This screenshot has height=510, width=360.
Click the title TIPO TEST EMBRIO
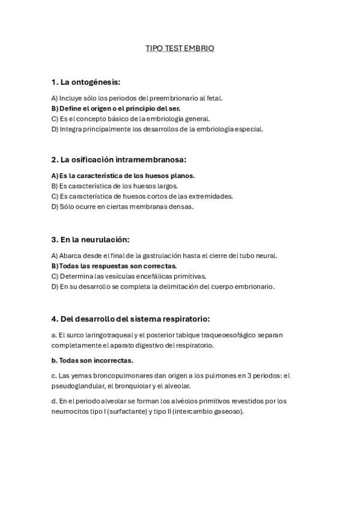click(180, 47)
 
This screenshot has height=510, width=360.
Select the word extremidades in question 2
click(209, 196)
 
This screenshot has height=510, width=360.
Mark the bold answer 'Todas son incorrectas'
click(92, 360)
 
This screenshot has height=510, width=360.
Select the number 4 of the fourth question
click(54, 318)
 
